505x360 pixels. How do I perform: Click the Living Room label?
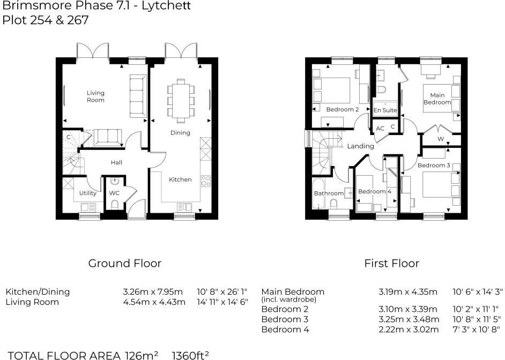95,96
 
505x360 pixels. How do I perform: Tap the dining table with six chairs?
180,98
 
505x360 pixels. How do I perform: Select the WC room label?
114,193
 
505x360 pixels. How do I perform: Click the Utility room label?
87,193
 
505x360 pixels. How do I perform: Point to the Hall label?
116,162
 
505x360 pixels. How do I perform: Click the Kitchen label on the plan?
180,179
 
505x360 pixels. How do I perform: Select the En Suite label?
385,110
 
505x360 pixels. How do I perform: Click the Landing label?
360,146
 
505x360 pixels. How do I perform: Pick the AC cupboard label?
380,129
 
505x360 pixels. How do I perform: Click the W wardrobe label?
441,139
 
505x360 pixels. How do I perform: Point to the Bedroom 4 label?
372,191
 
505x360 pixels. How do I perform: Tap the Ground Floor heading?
124,263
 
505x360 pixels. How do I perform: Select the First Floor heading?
391,263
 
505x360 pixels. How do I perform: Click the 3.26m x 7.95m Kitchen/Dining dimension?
153,292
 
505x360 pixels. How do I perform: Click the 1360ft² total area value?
190,355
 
